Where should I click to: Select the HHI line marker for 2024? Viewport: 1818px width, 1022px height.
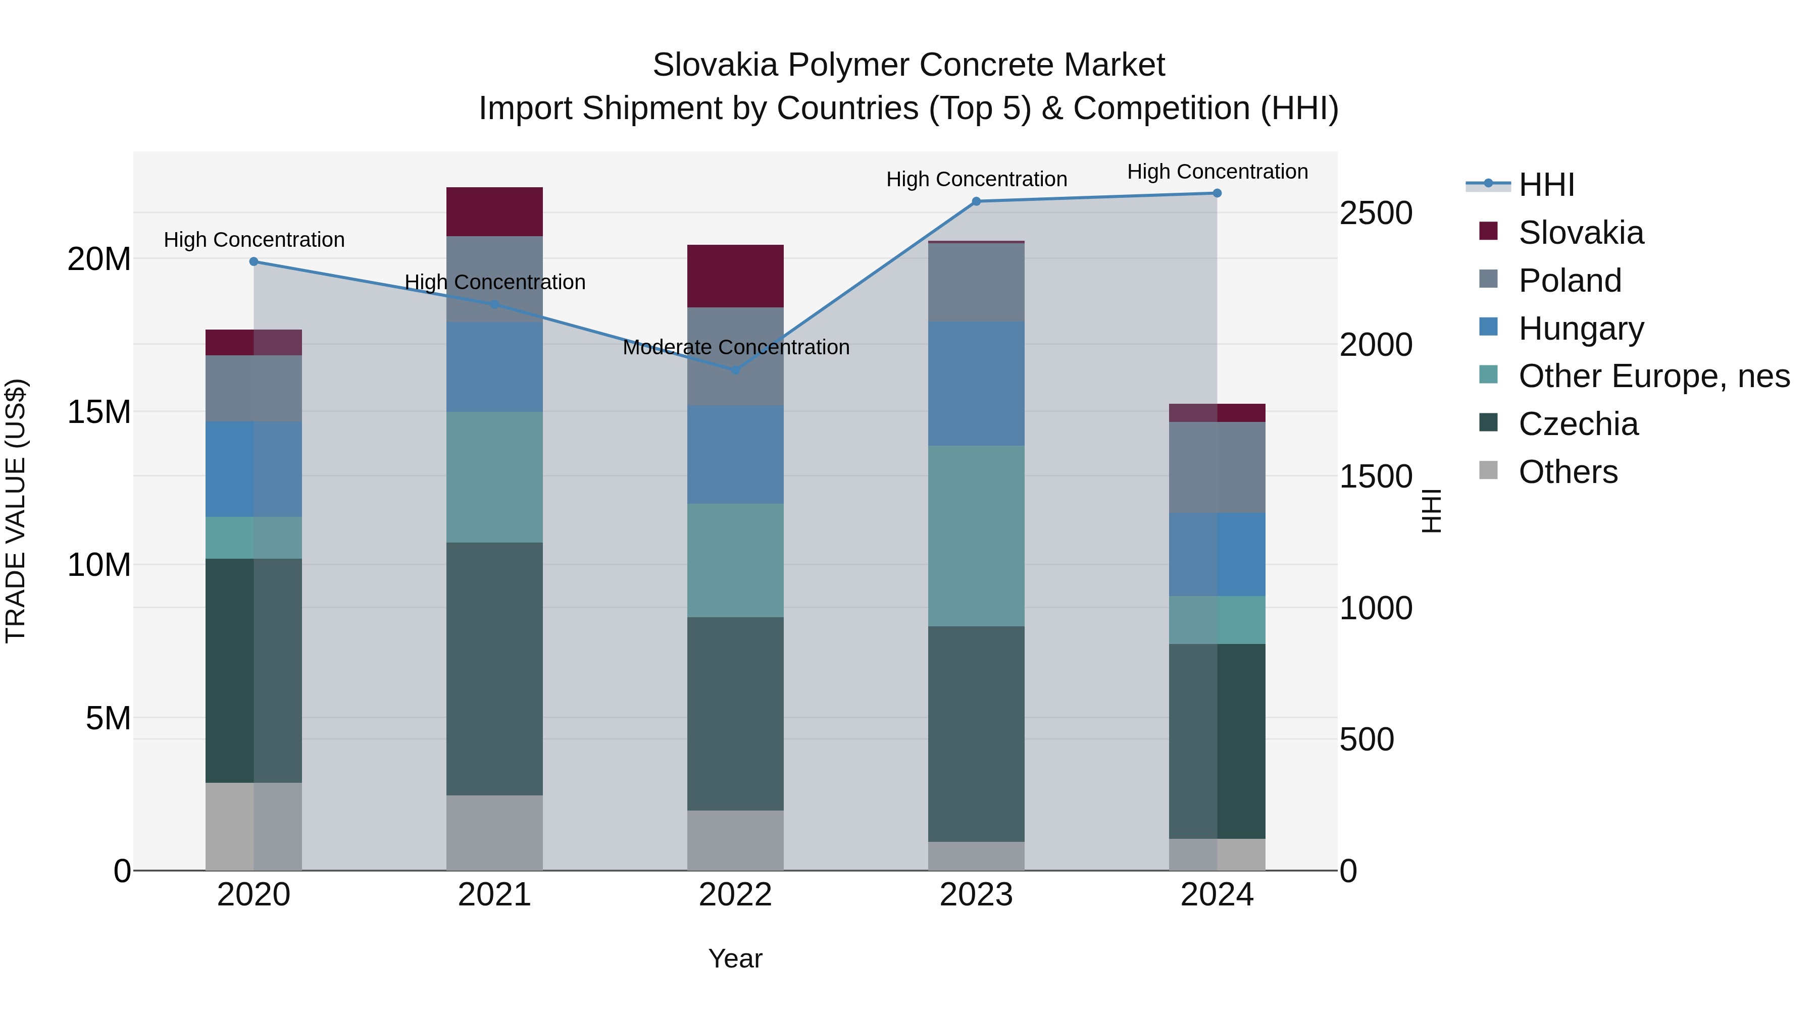(1217, 193)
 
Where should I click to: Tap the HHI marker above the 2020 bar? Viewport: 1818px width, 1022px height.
(254, 261)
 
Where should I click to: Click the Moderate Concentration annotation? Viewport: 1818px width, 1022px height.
(735, 348)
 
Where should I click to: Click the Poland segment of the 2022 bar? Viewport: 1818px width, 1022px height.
(735, 356)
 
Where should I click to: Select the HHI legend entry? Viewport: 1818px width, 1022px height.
(1546, 185)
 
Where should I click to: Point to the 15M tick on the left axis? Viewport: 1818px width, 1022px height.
(99, 412)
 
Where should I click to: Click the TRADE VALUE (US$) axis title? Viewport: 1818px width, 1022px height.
(16, 511)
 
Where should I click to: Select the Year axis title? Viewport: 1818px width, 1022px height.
(735, 958)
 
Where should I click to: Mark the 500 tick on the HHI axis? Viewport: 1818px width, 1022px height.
(1367, 740)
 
